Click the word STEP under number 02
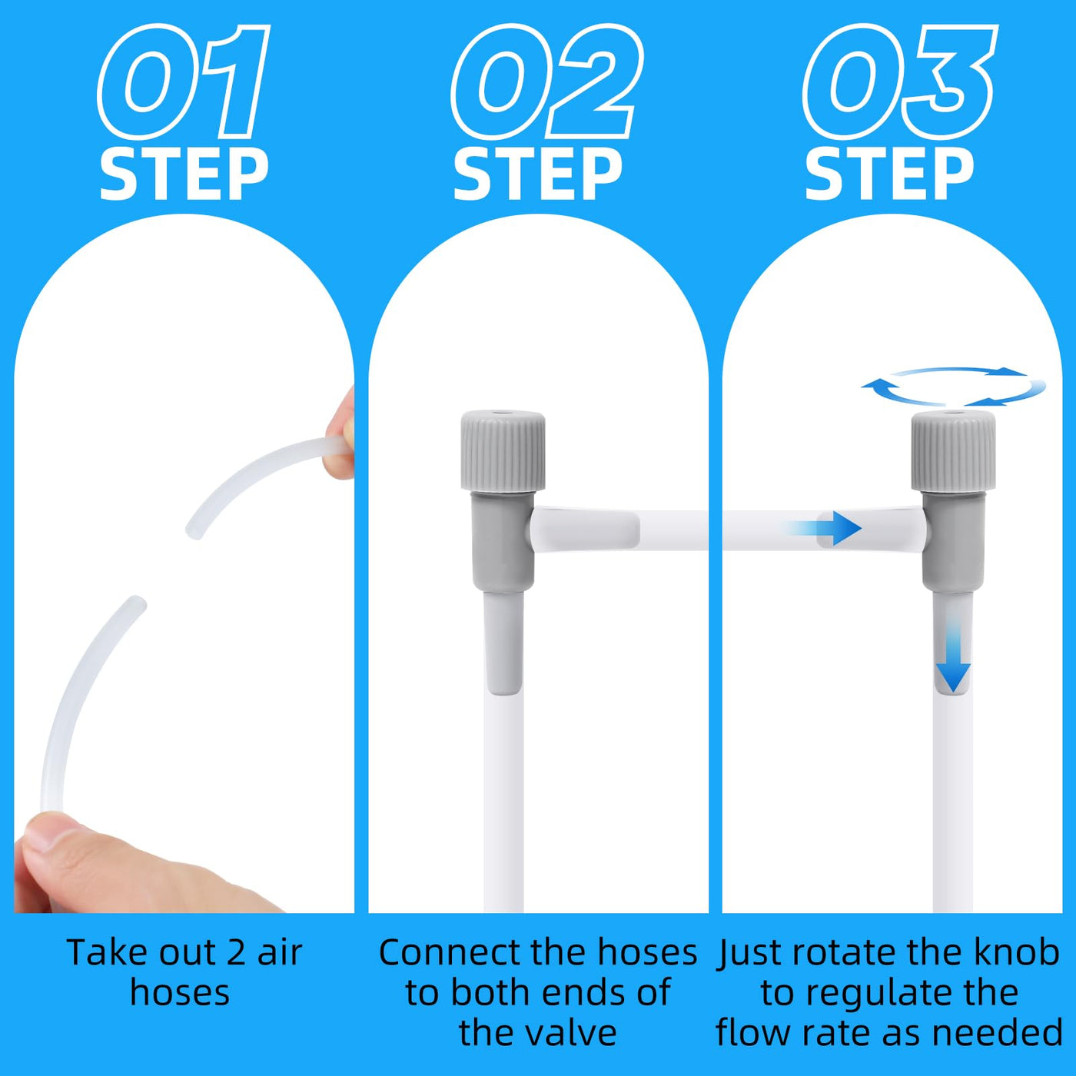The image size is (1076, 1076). [x=538, y=174]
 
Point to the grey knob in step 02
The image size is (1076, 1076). [x=503, y=451]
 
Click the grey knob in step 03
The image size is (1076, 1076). [x=953, y=451]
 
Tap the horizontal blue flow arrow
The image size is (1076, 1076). [x=822, y=528]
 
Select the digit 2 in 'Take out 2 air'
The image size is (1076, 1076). [x=236, y=953]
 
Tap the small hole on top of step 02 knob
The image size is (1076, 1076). [x=503, y=416]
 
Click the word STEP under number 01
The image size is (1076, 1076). [x=184, y=174]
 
